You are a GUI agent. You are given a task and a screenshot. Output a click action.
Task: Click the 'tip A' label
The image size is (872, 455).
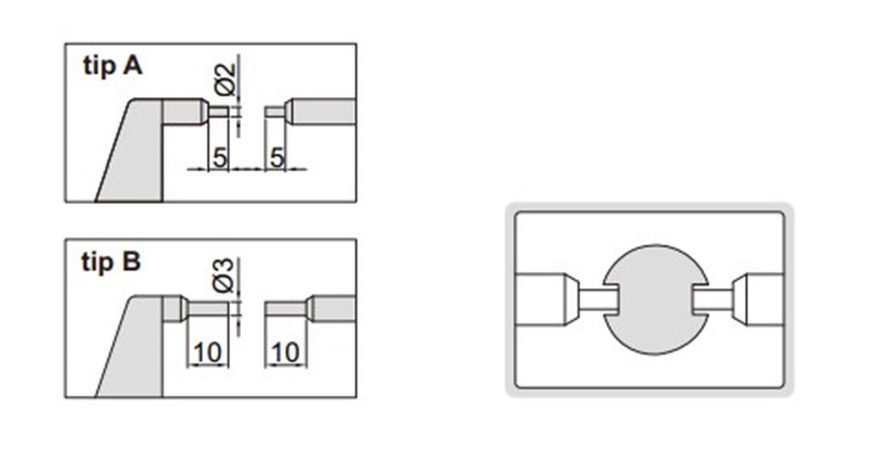tap(112, 68)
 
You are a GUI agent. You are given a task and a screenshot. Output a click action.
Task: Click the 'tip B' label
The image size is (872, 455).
tap(112, 263)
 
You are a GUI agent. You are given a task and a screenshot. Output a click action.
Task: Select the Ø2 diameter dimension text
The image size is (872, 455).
tap(224, 78)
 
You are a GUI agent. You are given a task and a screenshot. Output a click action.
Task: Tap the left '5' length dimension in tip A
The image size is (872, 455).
tap(218, 157)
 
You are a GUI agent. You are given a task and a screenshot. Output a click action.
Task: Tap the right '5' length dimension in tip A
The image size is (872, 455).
tap(275, 157)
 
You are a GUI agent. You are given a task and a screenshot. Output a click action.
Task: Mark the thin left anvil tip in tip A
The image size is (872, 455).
tap(219, 112)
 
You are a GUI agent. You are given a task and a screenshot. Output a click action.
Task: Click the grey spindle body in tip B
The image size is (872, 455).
tap(332, 307)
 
